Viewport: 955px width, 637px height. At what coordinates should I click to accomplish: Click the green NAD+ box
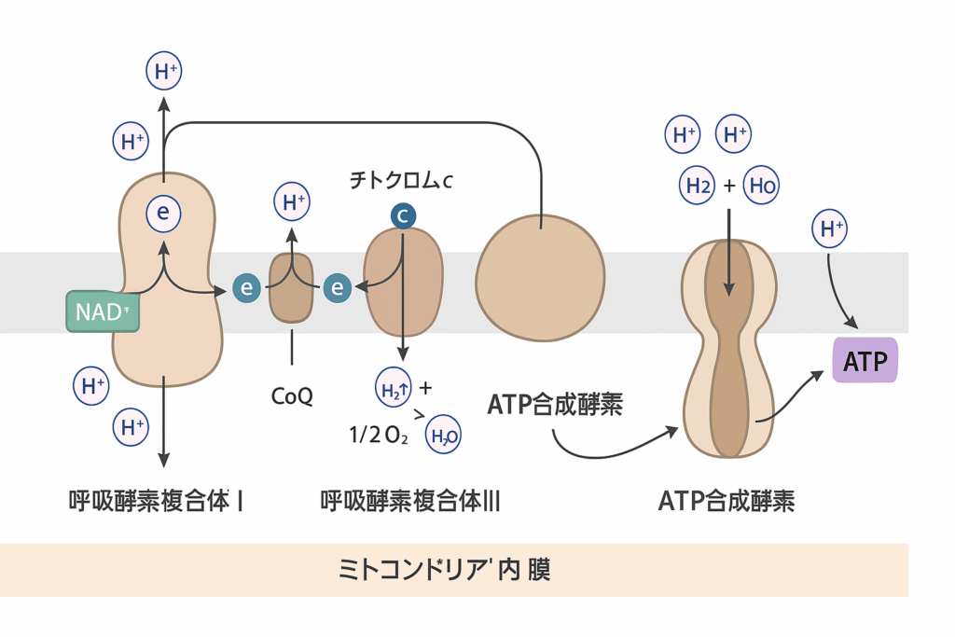(x=103, y=312)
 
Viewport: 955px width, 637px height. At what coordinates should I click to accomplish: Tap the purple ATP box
(x=865, y=361)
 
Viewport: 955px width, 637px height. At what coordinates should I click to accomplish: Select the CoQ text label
(x=292, y=396)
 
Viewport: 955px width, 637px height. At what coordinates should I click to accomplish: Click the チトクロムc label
(x=401, y=181)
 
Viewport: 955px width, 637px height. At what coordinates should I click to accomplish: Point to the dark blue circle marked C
(x=403, y=216)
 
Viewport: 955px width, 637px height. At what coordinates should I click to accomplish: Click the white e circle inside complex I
(x=163, y=214)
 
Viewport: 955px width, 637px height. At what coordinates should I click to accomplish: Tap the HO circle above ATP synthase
(x=761, y=186)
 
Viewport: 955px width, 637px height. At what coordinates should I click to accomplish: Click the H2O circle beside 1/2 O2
(x=443, y=434)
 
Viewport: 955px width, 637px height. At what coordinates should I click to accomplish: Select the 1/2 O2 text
(x=379, y=434)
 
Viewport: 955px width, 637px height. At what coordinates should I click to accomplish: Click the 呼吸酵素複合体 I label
(x=157, y=502)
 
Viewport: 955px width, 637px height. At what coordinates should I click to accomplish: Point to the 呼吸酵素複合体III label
(x=410, y=502)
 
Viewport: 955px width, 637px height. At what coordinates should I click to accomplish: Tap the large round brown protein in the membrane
(x=541, y=280)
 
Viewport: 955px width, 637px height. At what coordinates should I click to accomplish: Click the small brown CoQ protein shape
(x=292, y=287)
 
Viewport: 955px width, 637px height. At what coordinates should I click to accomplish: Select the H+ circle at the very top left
(x=164, y=72)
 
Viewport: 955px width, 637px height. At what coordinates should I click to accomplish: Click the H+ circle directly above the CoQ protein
(x=292, y=201)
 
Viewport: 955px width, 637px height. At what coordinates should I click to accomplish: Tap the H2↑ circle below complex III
(x=393, y=390)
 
